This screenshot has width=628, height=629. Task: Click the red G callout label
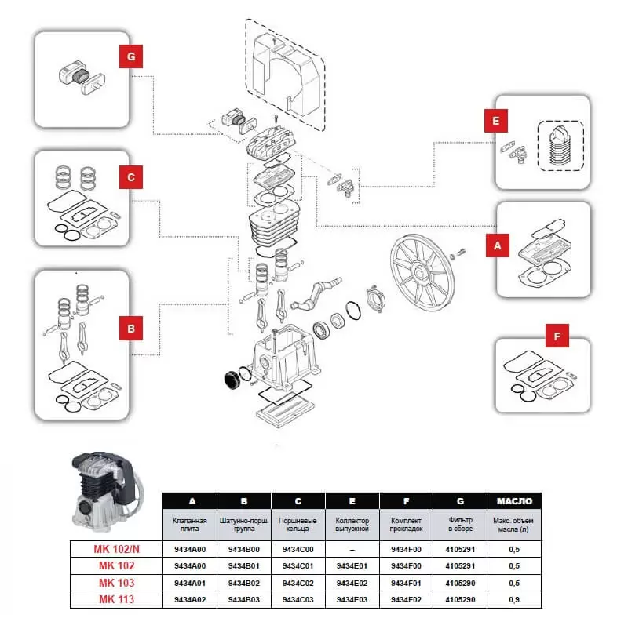[x=131, y=57]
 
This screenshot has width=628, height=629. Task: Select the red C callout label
[x=132, y=178]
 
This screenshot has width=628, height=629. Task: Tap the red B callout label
[x=132, y=327]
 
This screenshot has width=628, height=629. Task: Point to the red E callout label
[x=495, y=122]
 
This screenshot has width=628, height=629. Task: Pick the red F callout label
[x=557, y=337]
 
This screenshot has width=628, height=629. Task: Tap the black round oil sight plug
[x=231, y=380]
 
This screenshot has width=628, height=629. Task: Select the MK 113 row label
[x=115, y=600]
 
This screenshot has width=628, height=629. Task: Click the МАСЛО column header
[x=514, y=500]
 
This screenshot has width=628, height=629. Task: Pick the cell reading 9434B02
[x=243, y=584]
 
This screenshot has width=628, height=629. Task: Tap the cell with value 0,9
[x=514, y=600]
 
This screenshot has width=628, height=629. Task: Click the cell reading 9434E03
[x=352, y=600]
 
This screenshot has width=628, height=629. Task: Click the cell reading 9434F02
[x=406, y=600]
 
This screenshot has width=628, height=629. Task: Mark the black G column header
[x=460, y=500]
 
